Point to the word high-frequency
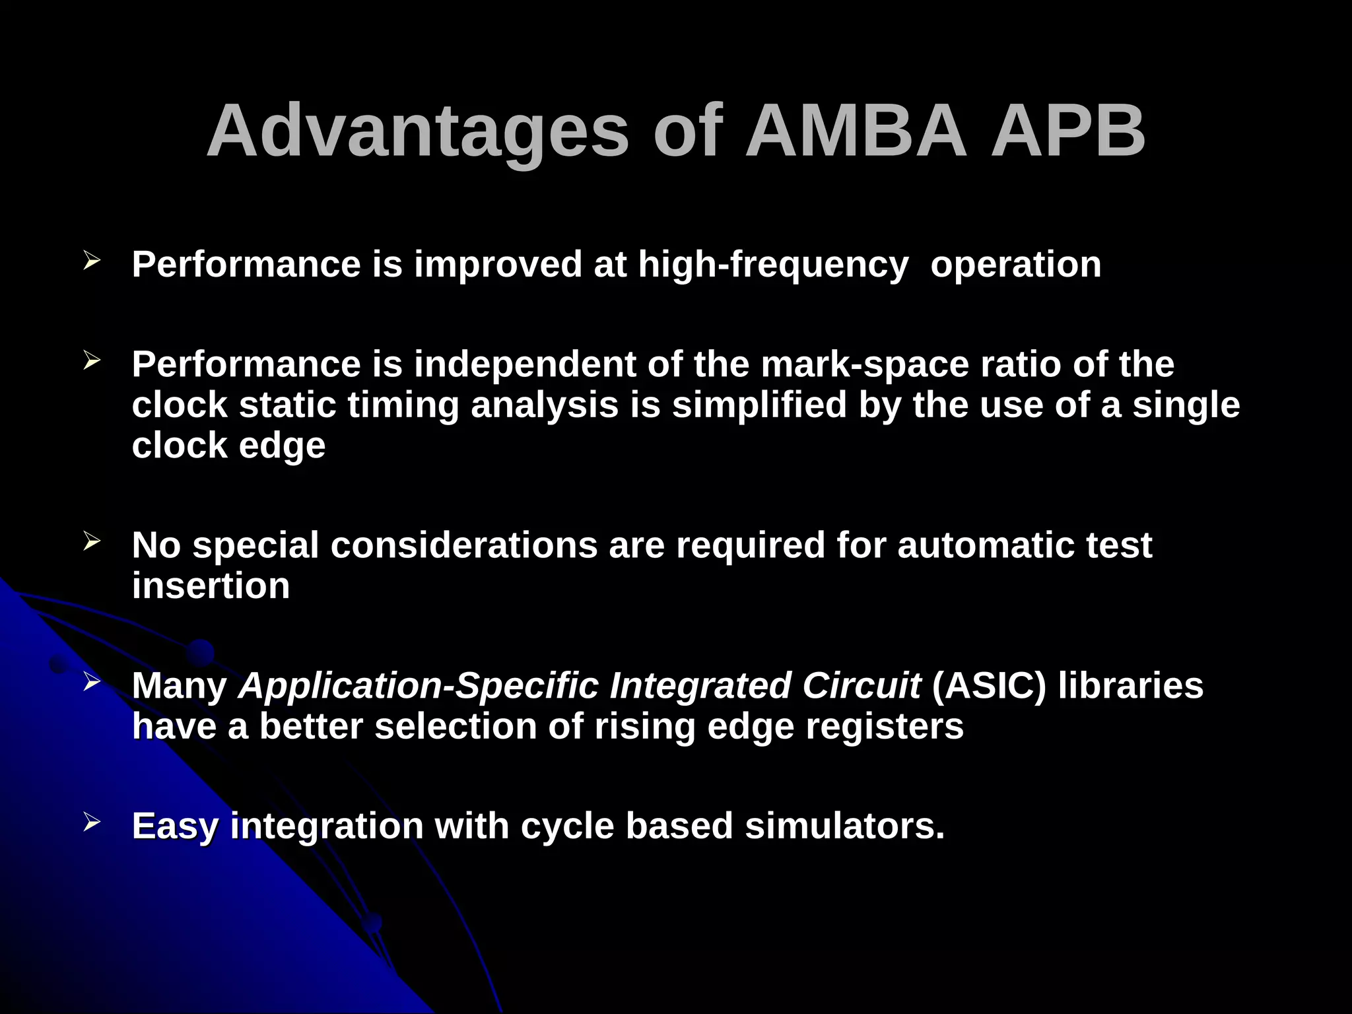[773, 265]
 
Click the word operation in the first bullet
[1015, 265]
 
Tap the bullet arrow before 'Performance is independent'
[92, 360]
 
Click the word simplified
[759, 405]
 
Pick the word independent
[525, 364]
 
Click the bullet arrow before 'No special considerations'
[92, 542]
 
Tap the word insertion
[211, 586]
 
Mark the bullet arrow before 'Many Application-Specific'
[92, 682]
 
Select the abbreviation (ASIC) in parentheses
[988, 686]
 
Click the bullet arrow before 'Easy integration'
[92, 822]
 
